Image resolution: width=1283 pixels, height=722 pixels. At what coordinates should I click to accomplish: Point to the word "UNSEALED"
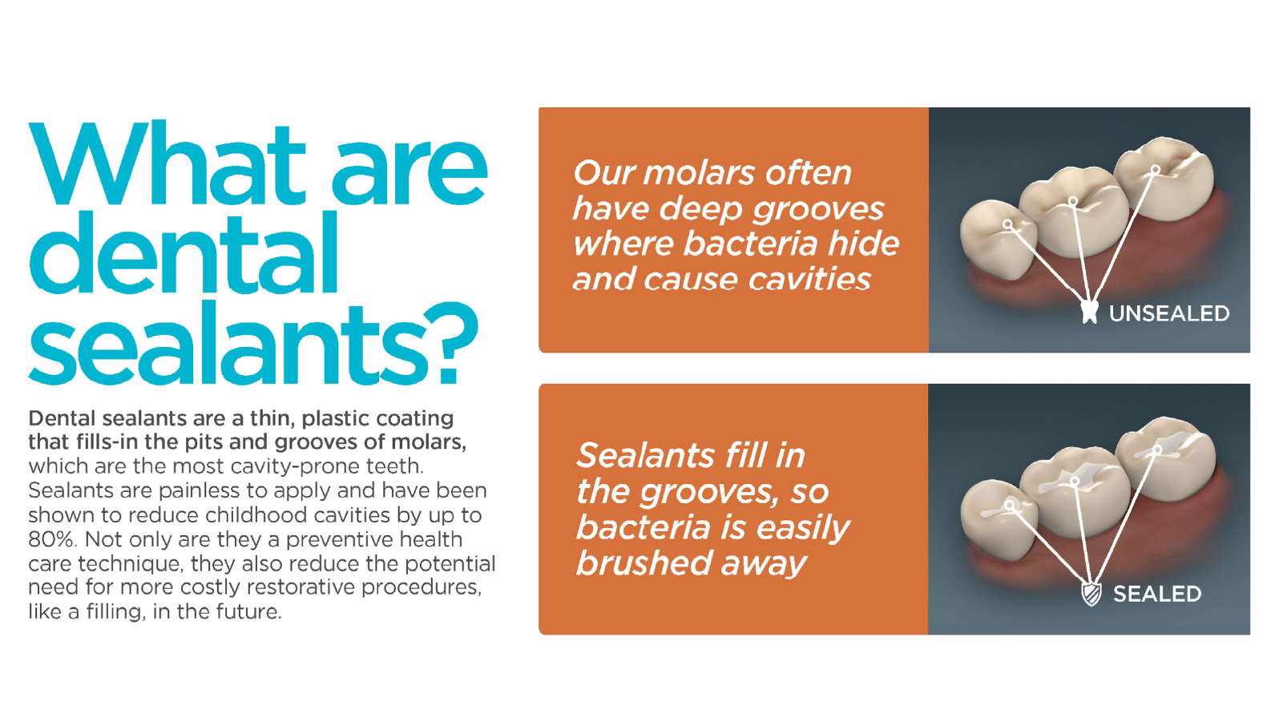(1169, 314)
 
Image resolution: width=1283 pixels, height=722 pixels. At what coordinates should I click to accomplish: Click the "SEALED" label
(1157, 595)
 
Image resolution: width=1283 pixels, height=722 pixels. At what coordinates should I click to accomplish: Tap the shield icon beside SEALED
(1091, 595)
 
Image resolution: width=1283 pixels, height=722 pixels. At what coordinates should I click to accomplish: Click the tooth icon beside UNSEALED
(1089, 313)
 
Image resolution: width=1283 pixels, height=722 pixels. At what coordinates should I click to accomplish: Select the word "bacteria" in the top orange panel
(750, 244)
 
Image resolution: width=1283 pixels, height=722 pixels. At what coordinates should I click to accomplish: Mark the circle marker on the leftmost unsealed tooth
(1008, 224)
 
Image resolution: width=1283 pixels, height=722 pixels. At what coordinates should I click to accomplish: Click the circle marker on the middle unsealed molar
(1073, 201)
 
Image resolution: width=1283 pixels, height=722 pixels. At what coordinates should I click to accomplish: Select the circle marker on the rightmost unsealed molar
(1156, 169)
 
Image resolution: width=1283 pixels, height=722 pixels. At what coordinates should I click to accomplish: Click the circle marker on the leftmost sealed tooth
(1009, 505)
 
